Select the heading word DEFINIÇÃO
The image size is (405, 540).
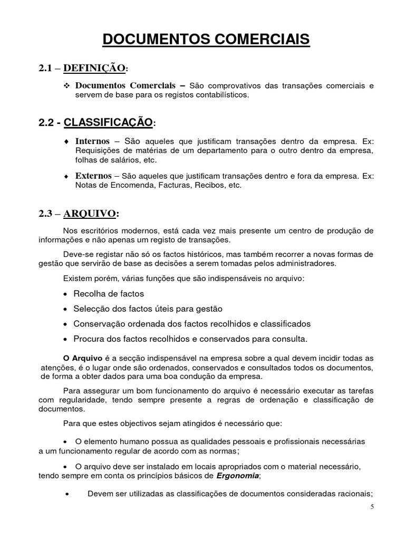coord(98,69)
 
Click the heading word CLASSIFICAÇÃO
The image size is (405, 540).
coord(108,123)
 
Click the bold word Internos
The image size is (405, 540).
coord(93,142)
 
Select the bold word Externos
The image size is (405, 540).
coord(93,176)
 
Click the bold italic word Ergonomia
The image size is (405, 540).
coord(238,476)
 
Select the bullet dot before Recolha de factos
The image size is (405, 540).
coord(65,294)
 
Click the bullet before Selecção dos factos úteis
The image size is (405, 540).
coord(65,308)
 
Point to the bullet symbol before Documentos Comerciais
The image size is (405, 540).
coord(66,86)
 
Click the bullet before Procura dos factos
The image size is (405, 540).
coord(65,339)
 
